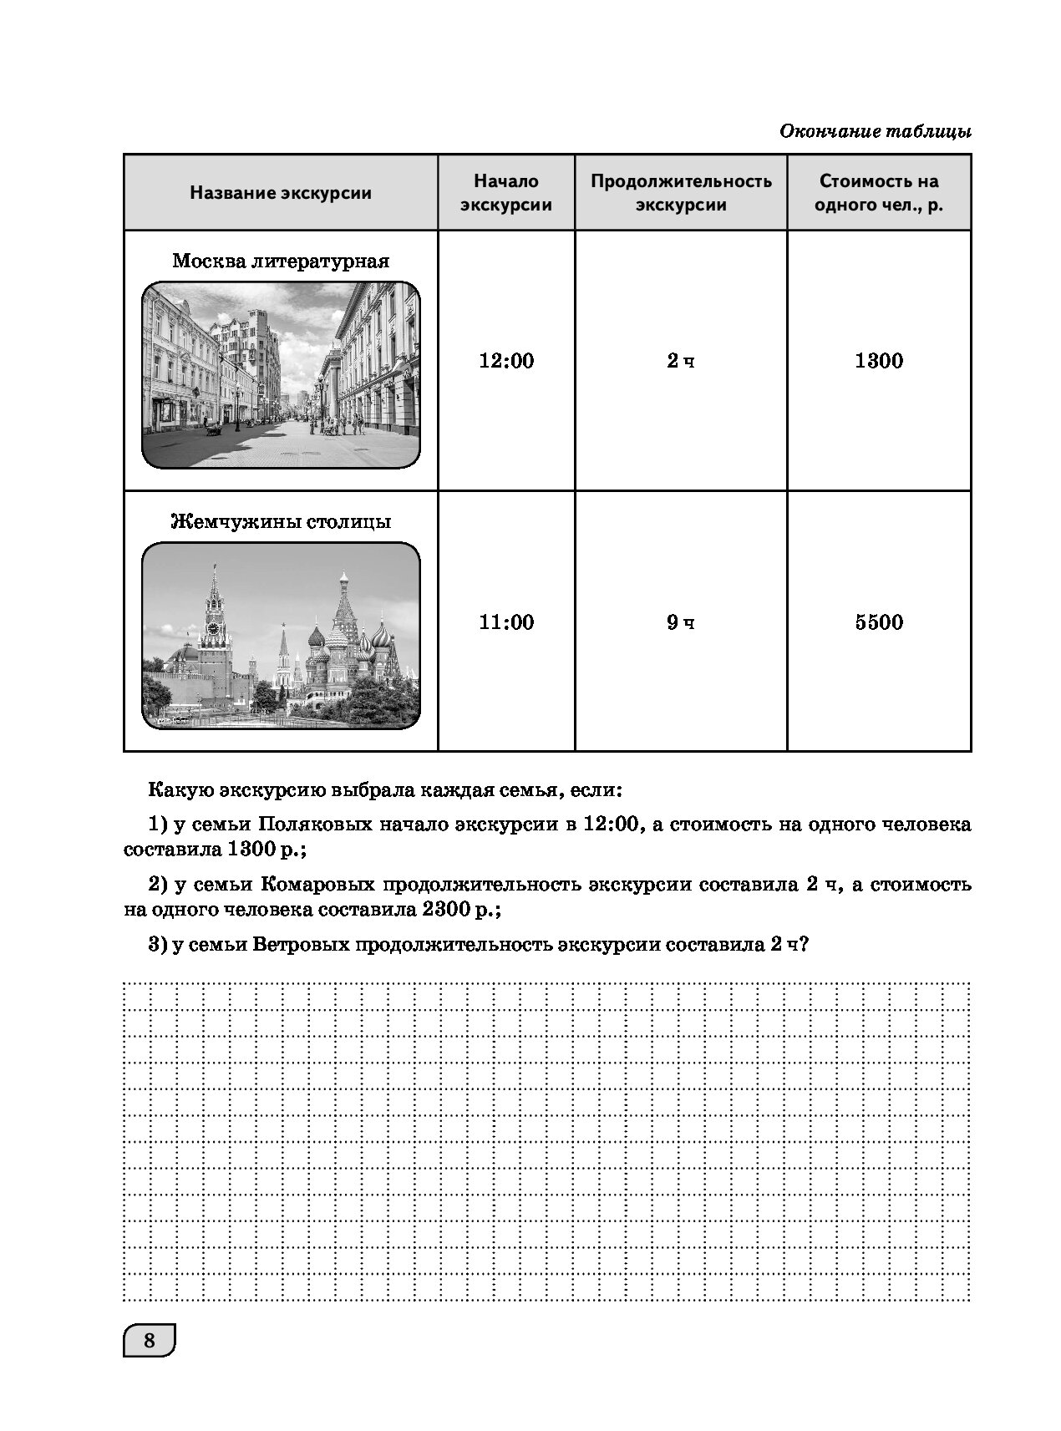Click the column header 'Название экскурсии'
281,193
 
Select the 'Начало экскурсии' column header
506,193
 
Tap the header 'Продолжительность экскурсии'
681,193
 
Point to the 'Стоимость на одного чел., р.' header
879,193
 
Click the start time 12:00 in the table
506,361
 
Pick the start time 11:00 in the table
506,622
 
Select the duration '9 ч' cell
681,622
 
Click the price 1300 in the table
879,361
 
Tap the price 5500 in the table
879,622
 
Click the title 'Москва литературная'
281,261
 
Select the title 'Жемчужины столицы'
281,522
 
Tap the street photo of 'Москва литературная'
281,375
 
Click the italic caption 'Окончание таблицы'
875,131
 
